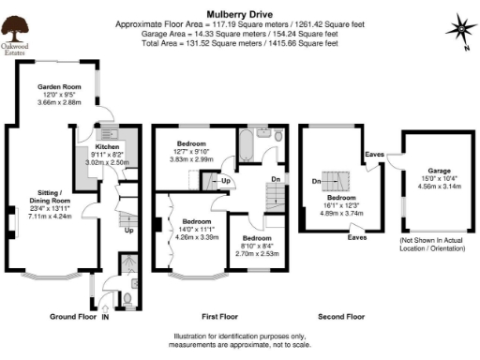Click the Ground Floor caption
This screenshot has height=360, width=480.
click(73, 317)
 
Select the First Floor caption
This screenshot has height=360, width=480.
click(218, 317)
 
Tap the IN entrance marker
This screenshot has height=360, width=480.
click(106, 318)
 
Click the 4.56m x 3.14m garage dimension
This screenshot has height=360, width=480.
click(434, 187)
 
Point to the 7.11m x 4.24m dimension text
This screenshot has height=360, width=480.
click(48, 215)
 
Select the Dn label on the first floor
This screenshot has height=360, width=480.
click(274, 177)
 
